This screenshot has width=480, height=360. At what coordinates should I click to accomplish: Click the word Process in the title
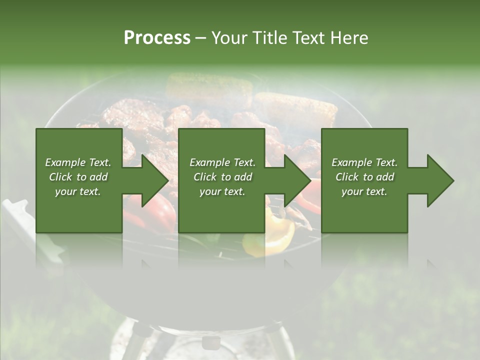click(157, 38)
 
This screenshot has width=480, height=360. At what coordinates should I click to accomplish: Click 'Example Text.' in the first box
click(78, 162)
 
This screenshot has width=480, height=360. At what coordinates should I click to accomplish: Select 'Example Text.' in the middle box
click(222, 162)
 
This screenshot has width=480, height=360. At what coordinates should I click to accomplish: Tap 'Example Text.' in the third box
click(364, 162)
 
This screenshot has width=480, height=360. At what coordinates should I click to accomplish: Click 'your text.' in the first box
click(78, 191)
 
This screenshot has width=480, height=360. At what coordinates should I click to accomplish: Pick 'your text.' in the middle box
click(222, 191)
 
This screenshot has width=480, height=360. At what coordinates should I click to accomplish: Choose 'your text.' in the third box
click(364, 191)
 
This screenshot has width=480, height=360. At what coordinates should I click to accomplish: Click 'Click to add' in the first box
click(78, 177)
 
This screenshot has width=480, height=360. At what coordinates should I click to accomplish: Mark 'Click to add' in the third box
click(364, 177)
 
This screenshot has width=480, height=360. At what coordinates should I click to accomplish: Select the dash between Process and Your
click(200, 38)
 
